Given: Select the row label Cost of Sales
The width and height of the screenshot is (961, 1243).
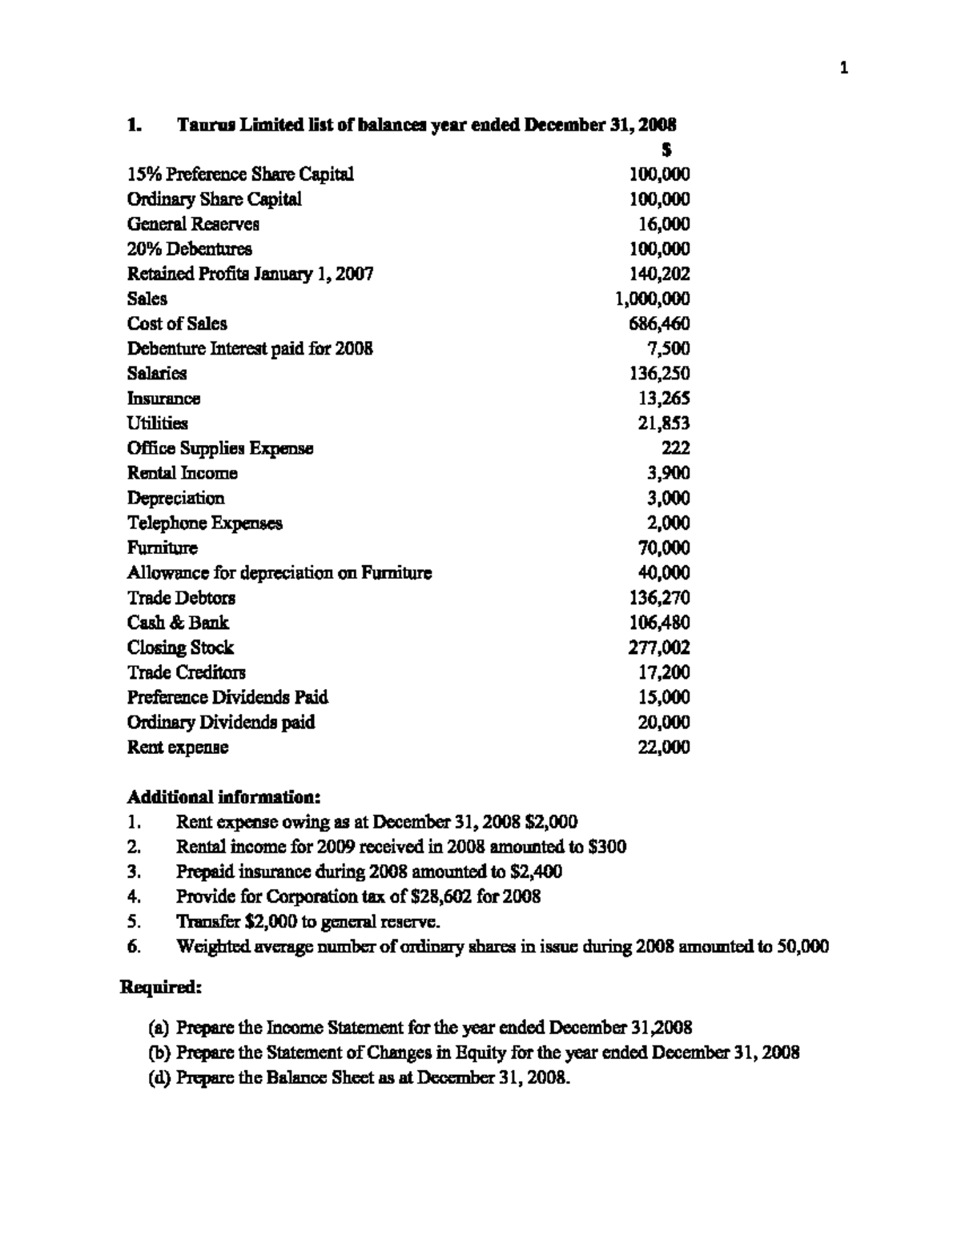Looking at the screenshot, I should (177, 323).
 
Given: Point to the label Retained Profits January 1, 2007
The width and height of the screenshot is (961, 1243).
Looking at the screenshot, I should (250, 274).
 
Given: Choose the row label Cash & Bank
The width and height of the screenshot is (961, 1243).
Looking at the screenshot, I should (178, 623).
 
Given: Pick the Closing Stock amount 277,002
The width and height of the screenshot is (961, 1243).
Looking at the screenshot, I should (659, 648).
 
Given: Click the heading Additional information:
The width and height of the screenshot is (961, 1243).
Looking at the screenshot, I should (224, 797).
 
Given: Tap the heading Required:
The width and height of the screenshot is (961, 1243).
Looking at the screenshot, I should (160, 987).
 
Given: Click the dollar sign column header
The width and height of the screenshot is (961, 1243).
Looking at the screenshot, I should (666, 150).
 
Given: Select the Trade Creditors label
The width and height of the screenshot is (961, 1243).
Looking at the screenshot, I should (187, 672).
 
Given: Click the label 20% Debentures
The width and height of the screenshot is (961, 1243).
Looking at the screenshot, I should (190, 249).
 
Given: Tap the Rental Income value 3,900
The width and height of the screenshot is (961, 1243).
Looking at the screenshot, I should (668, 473).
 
